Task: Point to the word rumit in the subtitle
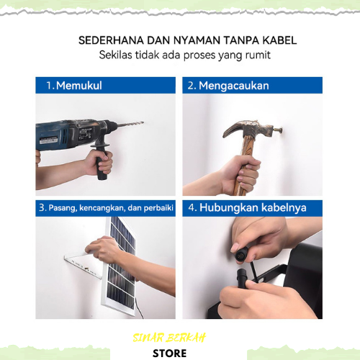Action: click(258, 55)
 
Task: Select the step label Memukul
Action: click(79, 86)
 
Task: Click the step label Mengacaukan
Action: click(234, 86)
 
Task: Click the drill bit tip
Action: click(143, 122)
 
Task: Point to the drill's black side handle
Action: click(102, 161)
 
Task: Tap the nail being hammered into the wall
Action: click(278, 130)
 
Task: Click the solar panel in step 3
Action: click(120, 266)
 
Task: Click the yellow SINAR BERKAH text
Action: click(169, 338)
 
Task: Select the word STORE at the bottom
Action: click(169, 354)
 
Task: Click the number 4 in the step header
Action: click(192, 207)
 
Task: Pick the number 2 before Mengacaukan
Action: click(191, 86)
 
